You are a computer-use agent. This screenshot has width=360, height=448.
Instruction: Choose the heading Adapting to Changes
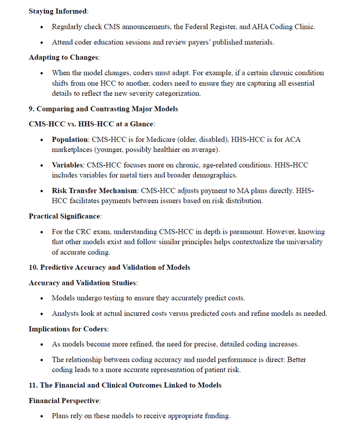[63, 58]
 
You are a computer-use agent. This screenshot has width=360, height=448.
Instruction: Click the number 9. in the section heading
[32, 109]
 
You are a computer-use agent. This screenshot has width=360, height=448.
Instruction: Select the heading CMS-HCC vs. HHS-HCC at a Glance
[91, 124]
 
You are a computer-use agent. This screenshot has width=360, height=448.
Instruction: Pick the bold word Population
[70, 139]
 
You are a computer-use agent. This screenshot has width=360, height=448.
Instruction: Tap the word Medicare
[163, 139]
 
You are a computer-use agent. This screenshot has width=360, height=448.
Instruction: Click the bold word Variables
[68, 165]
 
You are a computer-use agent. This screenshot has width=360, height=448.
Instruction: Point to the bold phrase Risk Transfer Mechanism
[94, 191]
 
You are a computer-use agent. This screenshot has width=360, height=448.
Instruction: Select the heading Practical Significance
[65, 216]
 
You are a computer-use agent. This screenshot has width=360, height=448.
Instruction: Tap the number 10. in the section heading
[34, 267]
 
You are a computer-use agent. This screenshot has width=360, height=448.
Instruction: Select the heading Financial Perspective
[64, 401]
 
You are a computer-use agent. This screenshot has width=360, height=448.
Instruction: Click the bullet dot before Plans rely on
[42, 416]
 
